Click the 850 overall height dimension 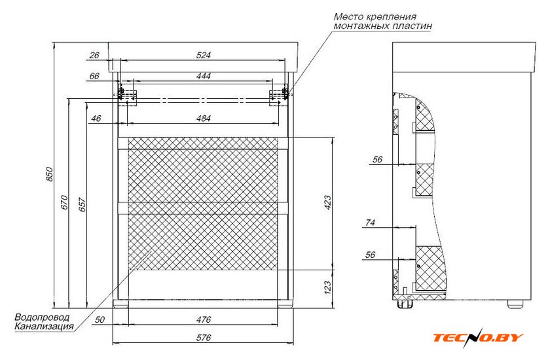point(50,174)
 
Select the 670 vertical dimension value point(64,202)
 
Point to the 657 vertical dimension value point(82,204)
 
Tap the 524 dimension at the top point(204,55)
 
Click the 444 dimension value point(204,76)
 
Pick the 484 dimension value point(204,118)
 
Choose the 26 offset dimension point(94,55)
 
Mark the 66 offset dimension point(94,76)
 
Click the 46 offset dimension point(96,118)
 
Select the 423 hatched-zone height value point(327,202)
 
